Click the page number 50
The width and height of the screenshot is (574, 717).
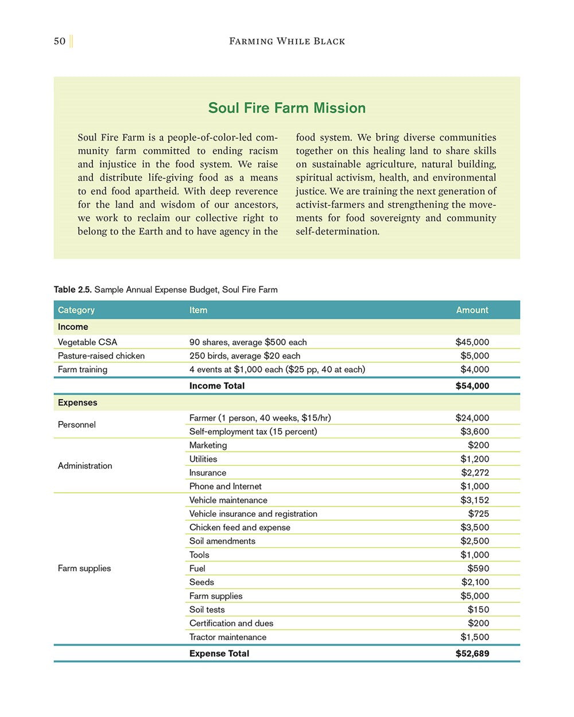(x=60, y=41)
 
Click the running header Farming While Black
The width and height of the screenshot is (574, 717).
(x=287, y=41)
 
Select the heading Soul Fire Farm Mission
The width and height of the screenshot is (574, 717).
(x=286, y=108)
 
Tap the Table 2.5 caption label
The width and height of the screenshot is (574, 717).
(x=73, y=290)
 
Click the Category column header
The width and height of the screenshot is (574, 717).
(x=76, y=310)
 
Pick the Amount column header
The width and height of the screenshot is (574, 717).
(x=472, y=310)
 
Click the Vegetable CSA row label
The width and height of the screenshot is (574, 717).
(x=87, y=342)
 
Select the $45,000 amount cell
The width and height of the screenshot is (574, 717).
(x=472, y=342)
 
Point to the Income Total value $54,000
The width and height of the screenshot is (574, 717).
(x=472, y=386)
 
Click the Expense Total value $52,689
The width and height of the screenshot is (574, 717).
(x=472, y=653)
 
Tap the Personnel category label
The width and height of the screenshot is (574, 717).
(x=76, y=424)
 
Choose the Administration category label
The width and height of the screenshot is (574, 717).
(x=85, y=466)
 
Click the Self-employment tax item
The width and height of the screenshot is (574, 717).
(x=253, y=431)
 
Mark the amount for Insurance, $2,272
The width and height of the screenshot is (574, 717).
(x=475, y=473)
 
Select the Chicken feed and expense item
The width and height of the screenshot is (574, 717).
(x=239, y=527)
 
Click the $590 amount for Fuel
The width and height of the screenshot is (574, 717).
(x=478, y=568)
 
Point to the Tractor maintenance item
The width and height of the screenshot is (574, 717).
(x=227, y=637)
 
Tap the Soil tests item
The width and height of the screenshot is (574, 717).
(x=207, y=610)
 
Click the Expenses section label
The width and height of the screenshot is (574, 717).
(x=77, y=403)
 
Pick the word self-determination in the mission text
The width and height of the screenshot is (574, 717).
(x=337, y=232)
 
